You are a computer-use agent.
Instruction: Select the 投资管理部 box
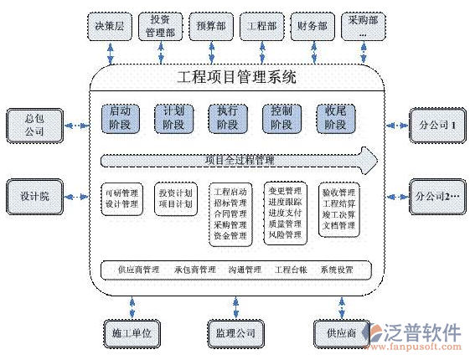(x=160, y=26)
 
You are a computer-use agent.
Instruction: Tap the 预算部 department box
(x=209, y=26)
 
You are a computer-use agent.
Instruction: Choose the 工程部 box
(x=261, y=26)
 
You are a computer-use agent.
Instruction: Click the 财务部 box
(x=312, y=26)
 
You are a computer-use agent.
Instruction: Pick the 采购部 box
(x=364, y=27)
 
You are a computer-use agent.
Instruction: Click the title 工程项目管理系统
(x=238, y=79)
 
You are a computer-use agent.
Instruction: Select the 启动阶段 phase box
(x=120, y=117)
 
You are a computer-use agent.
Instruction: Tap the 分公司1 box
(x=436, y=125)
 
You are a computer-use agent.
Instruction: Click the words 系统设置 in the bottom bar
(x=337, y=270)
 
